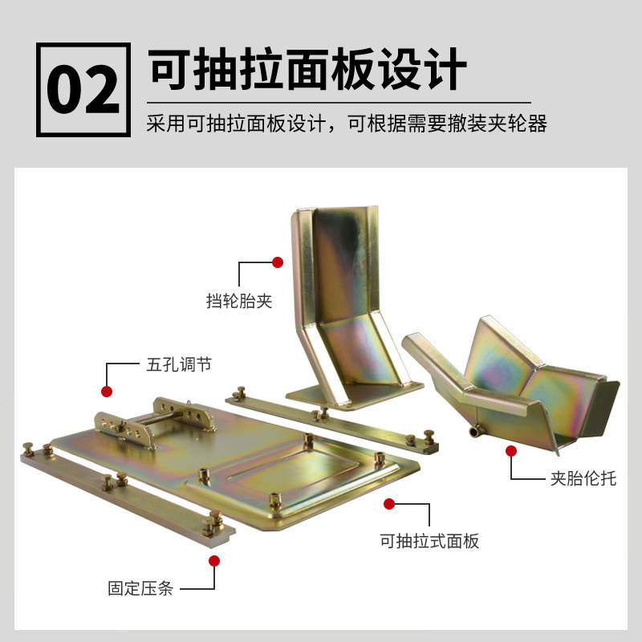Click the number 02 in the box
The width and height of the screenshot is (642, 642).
(83, 91)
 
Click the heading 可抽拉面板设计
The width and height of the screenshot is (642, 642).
(307, 70)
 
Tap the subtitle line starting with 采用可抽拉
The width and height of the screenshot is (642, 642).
(347, 125)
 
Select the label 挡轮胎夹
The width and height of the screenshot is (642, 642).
(239, 302)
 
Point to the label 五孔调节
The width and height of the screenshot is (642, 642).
(179, 364)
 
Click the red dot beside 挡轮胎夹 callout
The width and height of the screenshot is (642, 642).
(278, 262)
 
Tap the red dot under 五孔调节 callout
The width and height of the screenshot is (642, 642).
(106, 392)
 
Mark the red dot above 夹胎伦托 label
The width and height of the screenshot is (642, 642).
(510, 452)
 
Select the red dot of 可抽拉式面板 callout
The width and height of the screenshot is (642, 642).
(389, 504)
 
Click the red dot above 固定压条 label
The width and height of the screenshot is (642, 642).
(215, 560)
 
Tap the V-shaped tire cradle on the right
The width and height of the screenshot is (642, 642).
(522, 377)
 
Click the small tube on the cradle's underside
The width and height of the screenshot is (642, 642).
(476, 432)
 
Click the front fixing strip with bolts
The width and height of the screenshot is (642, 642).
(120, 498)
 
